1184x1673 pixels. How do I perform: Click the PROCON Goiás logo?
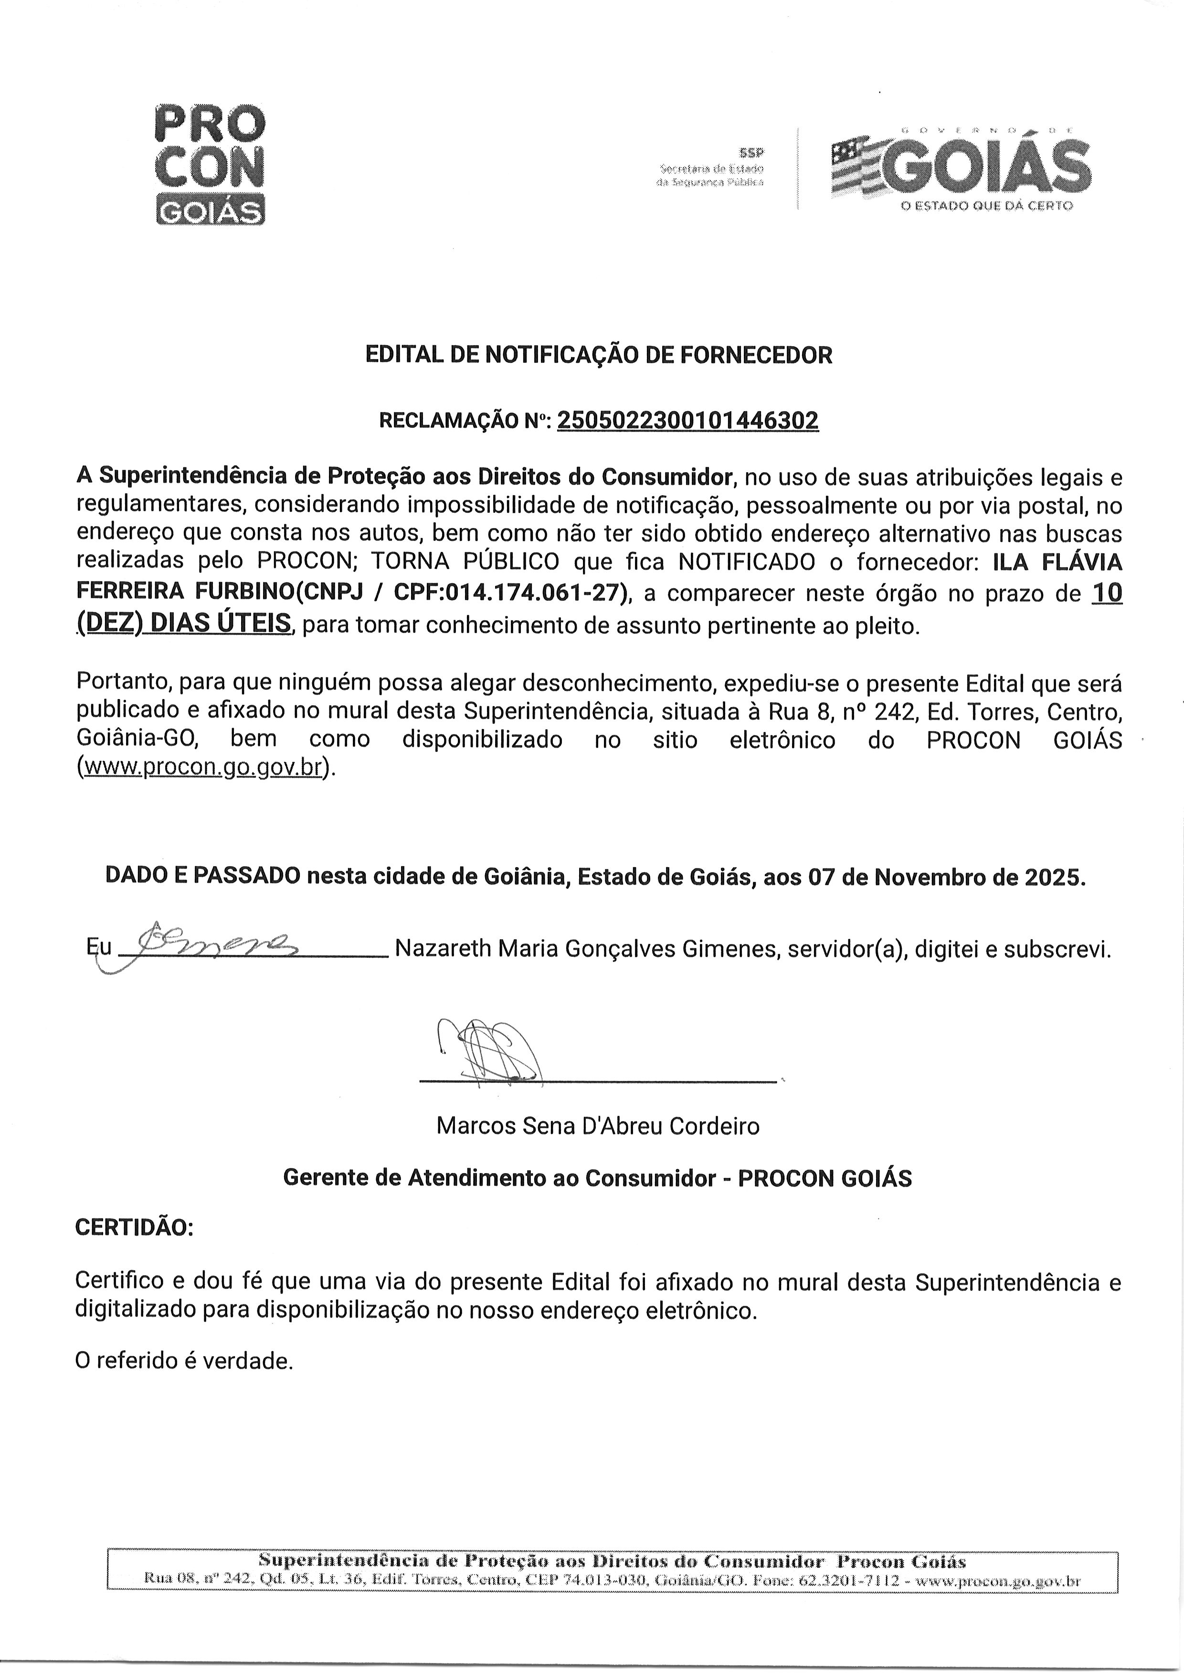(210, 165)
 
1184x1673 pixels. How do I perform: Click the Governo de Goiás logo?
(961, 167)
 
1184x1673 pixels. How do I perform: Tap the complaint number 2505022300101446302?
(687, 421)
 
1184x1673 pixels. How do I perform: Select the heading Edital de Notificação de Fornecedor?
(598, 355)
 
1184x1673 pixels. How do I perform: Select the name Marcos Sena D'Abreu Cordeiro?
(598, 1126)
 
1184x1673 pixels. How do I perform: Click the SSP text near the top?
(750, 152)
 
